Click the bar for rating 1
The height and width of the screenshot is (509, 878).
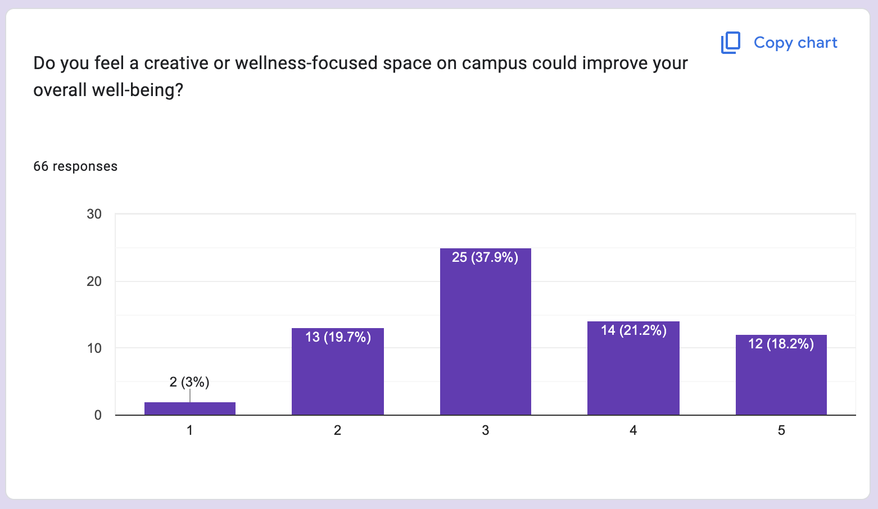click(x=190, y=408)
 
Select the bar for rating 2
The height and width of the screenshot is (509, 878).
click(x=337, y=376)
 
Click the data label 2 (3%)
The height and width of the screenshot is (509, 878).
click(x=189, y=382)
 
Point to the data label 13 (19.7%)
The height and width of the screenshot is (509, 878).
click(x=338, y=337)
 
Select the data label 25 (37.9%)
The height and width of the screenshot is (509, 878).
click(x=485, y=257)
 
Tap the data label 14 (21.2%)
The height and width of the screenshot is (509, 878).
click(x=633, y=330)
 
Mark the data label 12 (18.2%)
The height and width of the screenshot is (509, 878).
click(x=781, y=344)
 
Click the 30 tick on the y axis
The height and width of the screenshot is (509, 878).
click(x=94, y=214)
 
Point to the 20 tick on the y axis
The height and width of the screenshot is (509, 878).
click(x=94, y=281)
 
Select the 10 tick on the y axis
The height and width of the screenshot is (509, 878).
click(x=94, y=348)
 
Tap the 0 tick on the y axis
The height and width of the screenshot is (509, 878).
click(x=98, y=415)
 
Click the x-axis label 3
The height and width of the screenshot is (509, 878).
click(x=486, y=430)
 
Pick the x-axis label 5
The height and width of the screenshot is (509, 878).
click(x=781, y=430)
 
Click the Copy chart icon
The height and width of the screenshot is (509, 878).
click(x=731, y=43)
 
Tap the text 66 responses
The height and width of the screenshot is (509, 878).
click(x=75, y=166)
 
